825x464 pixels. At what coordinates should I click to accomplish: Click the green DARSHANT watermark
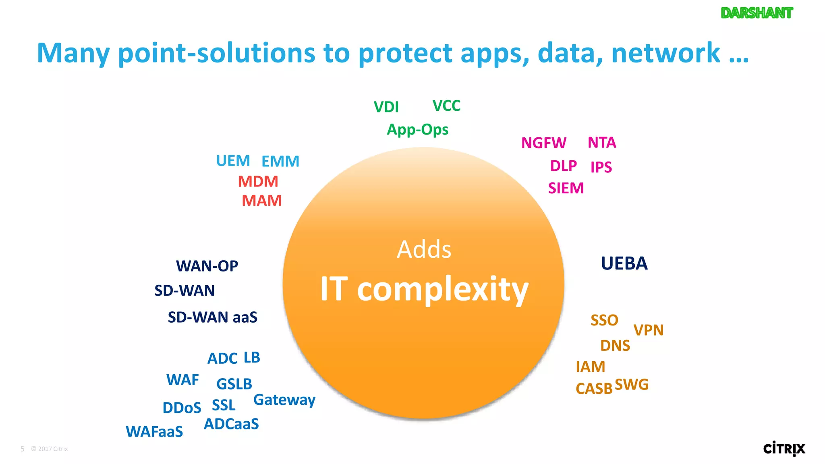coord(757,13)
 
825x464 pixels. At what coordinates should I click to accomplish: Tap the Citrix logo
coord(784,449)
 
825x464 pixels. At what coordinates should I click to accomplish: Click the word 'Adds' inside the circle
coord(424,249)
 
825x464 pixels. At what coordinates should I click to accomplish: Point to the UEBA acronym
coord(624,263)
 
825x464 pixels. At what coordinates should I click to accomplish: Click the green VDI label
coord(386,107)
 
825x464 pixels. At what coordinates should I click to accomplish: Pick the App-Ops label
coord(417,130)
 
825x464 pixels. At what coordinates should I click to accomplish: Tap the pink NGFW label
coord(543,143)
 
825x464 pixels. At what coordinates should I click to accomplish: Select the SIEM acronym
coord(566,188)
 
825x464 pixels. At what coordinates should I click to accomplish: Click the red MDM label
coord(258,182)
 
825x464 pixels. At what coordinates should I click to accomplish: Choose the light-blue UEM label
coord(233,161)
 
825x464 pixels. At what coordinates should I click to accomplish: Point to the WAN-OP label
coord(207,266)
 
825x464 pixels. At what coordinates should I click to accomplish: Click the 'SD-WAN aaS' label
coord(212,317)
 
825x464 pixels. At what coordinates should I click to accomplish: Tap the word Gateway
coord(284,400)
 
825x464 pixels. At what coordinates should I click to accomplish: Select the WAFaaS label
coord(154,432)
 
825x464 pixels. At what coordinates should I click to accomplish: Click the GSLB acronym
coord(234,384)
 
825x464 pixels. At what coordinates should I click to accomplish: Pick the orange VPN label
coord(648,330)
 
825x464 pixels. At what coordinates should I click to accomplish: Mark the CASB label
coord(594,389)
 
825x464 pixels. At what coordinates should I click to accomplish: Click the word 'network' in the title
coord(665,53)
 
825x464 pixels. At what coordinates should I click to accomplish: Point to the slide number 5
coord(23,449)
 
